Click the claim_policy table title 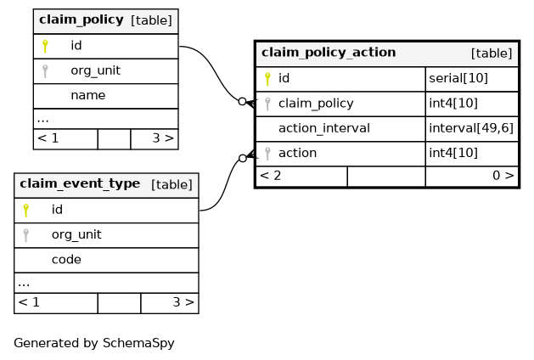coord(81,20)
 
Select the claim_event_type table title coord(80,184)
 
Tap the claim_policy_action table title coord(329,53)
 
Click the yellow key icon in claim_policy coord(45,46)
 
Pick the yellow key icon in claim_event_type coord(25,211)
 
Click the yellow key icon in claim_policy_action coord(267,79)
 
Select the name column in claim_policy coord(87,95)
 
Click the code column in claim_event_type coord(66,260)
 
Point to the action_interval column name coord(323,128)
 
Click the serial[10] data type coord(458,78)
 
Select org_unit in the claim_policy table coord(95,70)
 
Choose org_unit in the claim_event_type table coord(76,234)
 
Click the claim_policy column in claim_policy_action coord(316,104)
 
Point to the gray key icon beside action coord(267,154)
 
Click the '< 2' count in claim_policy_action coord(271,176)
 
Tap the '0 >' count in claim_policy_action coord(503,176)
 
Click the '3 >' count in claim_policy coord(163,138)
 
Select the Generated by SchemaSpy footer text coord(94,343)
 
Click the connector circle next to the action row coord(243,158)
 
